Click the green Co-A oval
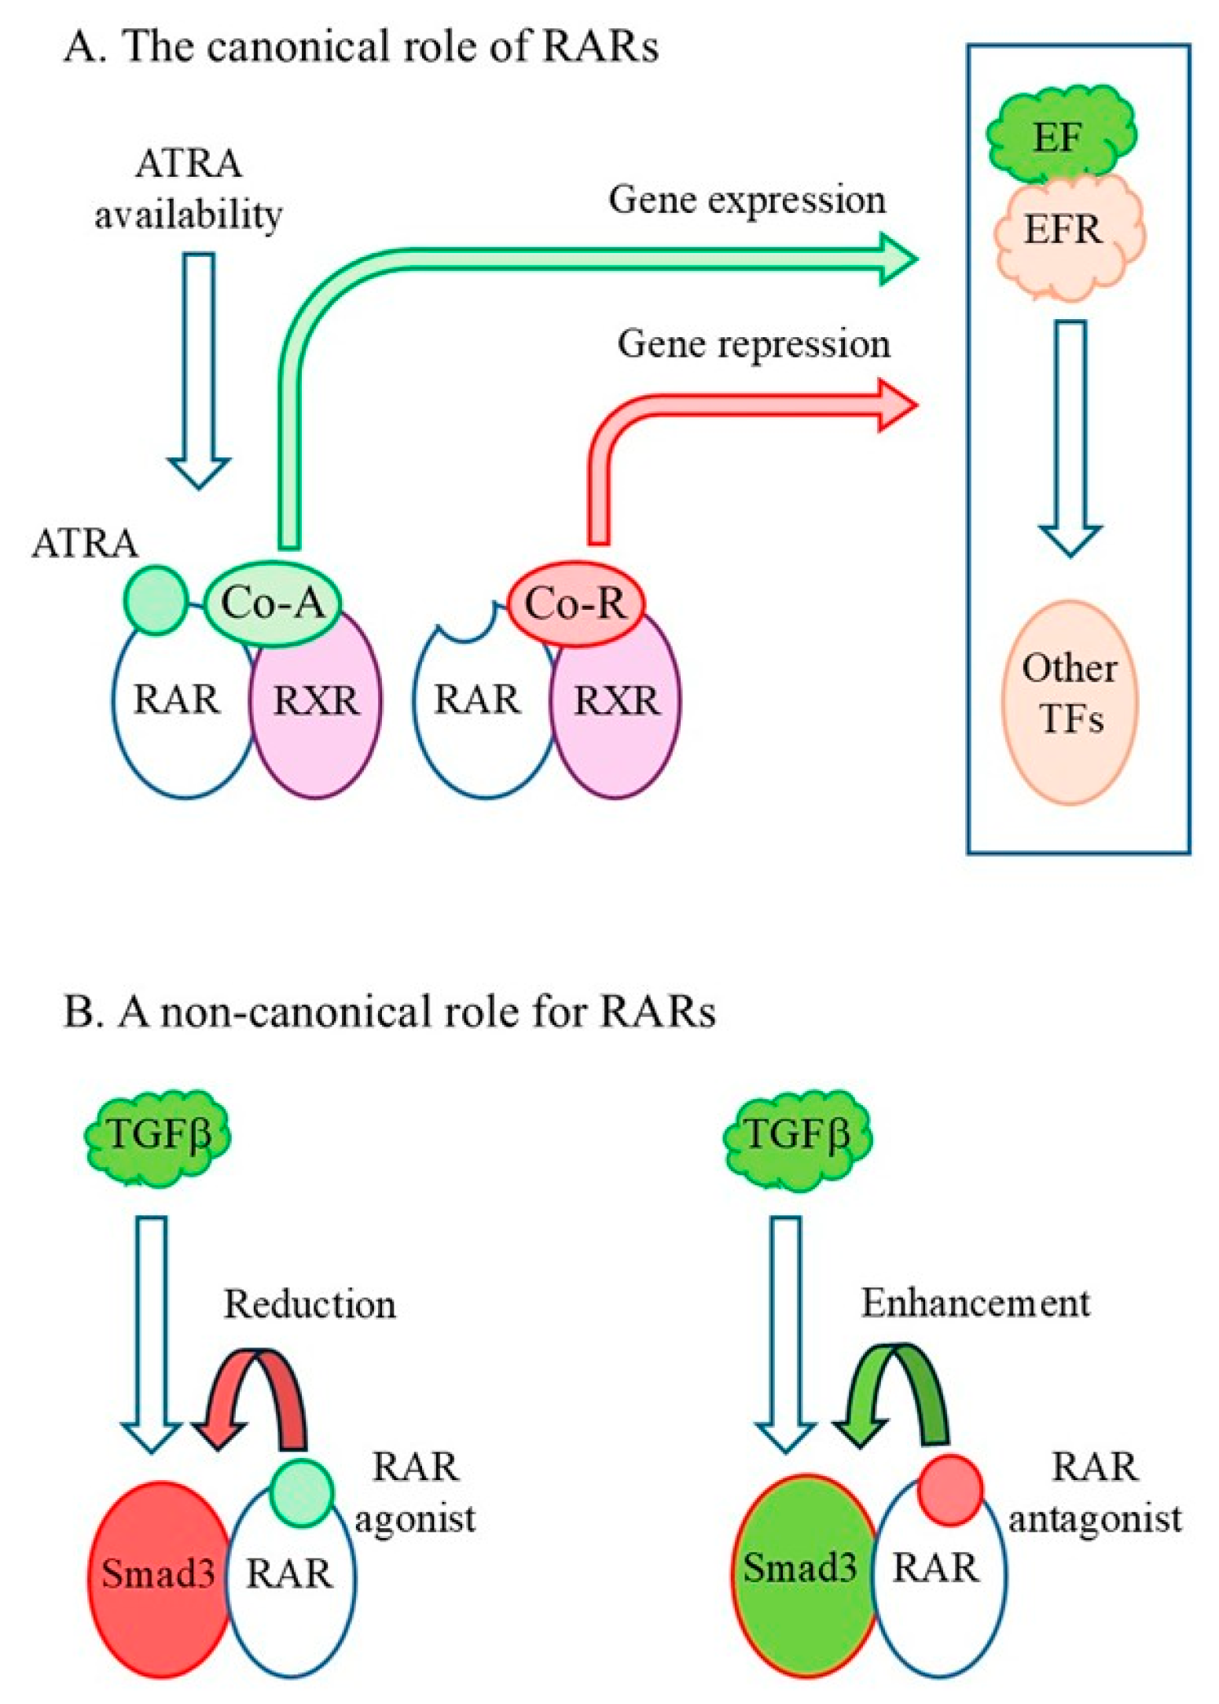click(x=273, y=604)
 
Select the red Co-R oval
click(x=575, y=604)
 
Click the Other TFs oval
click(x=1070, y=702)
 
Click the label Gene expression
click(x=747, y=200)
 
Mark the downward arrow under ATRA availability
click(x=199, y=369)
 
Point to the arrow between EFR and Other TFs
click(x=1069, y=437)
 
